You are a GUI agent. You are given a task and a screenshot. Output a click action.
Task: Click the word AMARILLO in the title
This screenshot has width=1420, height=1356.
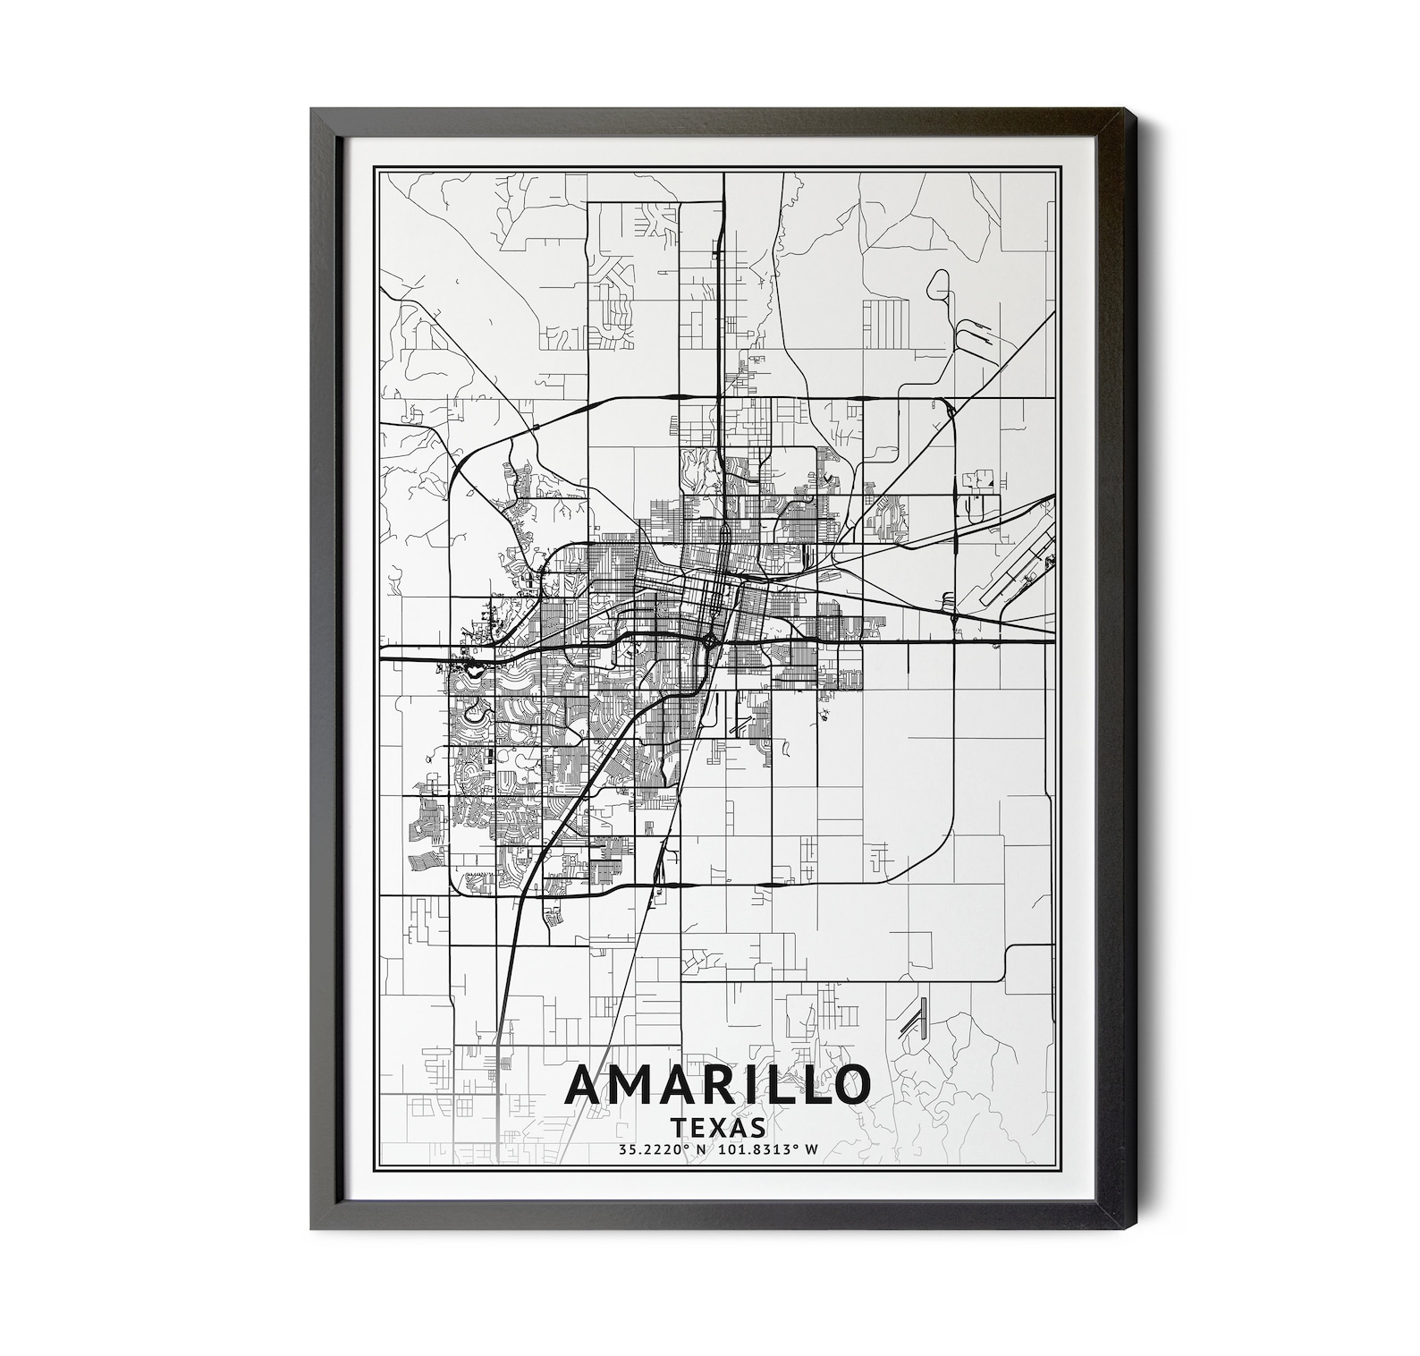click(717, 1085)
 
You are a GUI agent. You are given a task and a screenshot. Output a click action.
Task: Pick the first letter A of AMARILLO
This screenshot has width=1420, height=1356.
click(586, 1085)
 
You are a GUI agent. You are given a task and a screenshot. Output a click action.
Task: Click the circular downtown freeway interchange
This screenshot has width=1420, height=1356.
click(708, 640)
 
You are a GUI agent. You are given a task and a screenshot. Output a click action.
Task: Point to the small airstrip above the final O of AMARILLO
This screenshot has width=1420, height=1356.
click(913, 1020)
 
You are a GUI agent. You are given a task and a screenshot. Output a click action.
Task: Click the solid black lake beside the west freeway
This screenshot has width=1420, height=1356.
click(470, 667)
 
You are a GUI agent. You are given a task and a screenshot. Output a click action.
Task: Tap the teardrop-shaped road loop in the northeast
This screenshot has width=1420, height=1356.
click(939, 285)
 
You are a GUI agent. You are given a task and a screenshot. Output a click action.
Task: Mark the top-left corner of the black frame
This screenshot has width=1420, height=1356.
click(312, 109)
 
